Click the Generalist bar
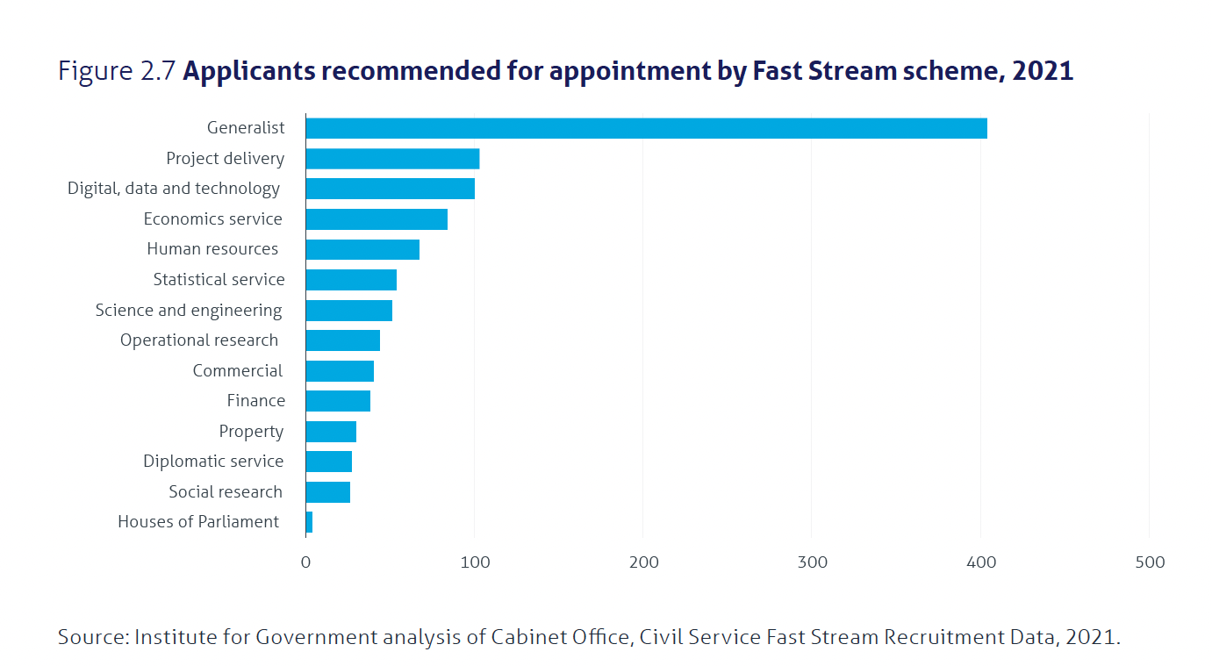[647, 128]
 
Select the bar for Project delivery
[393, 159]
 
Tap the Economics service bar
[377, 219]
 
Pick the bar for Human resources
[362, 249]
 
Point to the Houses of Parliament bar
[309, 522]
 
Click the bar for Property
[331, 432]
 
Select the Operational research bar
[343, 340]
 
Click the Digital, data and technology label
[174, 189]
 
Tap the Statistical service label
[219, 279]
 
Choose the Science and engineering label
[189, 310]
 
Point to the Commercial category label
[238, 370]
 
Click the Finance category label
[256, 400]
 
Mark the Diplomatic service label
[213, 461]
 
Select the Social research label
[226, 491]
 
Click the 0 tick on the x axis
[305, 562]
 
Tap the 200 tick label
[644, 562]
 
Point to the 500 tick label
[1150, 562]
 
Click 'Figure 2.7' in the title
[117, 71]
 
